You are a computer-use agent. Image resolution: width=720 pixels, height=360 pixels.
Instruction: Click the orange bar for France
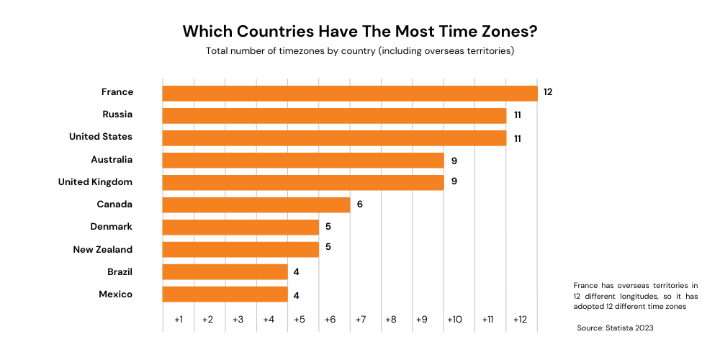pos(350,93)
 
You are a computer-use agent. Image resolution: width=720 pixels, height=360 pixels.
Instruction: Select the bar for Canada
pos(256,204)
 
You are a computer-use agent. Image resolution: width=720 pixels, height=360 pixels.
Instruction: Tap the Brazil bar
pos(225,271)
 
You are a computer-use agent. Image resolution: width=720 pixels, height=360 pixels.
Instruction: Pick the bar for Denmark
pos(240,227)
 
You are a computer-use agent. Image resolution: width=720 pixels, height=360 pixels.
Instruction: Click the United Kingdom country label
pos(95,182)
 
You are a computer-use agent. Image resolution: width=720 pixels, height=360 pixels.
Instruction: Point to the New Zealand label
pos(103,249)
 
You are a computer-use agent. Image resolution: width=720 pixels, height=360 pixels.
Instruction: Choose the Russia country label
pos(117,114)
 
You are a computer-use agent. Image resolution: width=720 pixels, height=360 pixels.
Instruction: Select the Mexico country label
pos(115,294)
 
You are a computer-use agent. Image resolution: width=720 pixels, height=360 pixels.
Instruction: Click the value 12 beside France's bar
pos(548,93)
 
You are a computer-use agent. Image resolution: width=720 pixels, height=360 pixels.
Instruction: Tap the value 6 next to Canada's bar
pos(359,204)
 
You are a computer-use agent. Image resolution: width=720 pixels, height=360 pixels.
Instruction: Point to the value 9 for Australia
pos(454,160)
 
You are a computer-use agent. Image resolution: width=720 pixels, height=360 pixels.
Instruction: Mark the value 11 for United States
pos(517,138)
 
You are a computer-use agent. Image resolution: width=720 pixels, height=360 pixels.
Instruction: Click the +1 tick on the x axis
pos(179,319)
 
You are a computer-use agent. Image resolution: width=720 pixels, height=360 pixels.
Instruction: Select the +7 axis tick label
pos(361,319)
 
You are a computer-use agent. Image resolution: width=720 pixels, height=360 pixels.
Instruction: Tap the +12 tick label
pos(521,319)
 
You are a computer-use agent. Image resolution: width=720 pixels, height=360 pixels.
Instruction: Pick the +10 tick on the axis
pos(454,319)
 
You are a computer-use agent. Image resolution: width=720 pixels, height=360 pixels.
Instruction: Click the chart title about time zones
pos(360,32)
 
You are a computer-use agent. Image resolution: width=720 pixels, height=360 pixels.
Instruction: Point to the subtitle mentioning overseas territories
pos(360,51)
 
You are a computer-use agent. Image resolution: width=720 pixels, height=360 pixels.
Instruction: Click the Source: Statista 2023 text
pos(615,328)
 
